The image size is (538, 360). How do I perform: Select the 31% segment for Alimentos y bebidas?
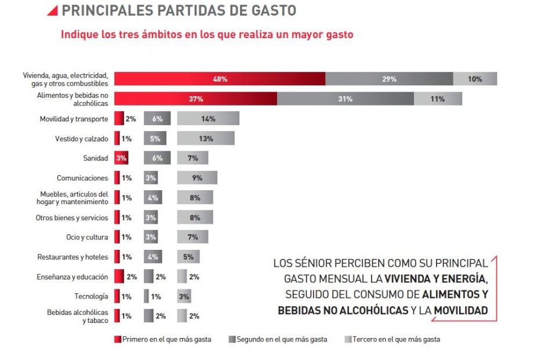click(x=345, y=99)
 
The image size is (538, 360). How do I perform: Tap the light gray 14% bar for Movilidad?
click(x=208, y=119)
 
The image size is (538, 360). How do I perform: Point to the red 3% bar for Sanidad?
click(x=121, y=158)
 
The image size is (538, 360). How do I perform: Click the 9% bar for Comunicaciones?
click(x=197, y=178)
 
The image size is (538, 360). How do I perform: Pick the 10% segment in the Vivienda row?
click(x=475, y=79)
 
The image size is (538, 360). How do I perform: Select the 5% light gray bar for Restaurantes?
click(x=188, y=257)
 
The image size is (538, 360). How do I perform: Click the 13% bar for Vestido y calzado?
click(x=205, y=139)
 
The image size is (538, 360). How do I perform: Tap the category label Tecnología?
click(x=91, y=296)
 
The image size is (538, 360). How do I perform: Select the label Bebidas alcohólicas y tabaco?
click(x=77, y=316)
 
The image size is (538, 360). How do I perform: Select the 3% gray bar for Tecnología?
click(x=184, y=296)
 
